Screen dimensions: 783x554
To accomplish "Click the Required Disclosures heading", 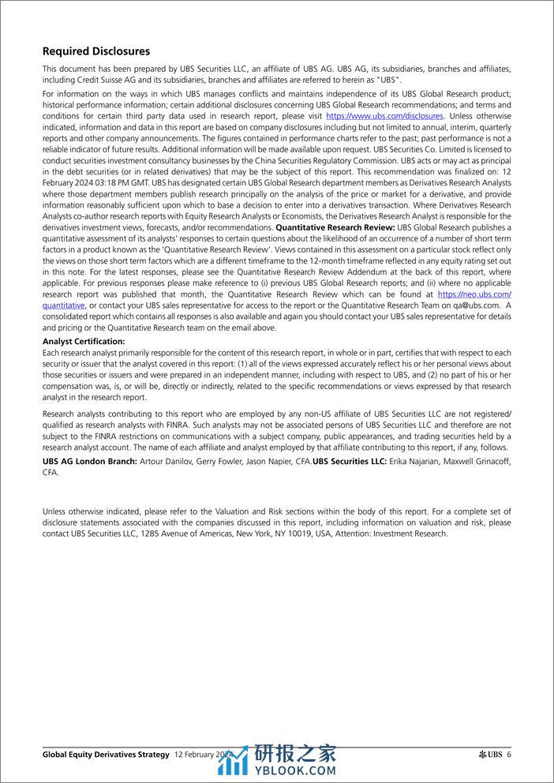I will click(x=96, y=52).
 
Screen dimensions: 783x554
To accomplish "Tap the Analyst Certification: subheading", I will click(x=84, y=341).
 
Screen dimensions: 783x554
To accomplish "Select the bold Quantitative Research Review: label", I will click(x=335, y=227).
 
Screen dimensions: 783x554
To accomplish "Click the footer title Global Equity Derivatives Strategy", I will click(x=106, y=755).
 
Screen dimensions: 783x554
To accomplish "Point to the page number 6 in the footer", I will click(x=509, y=755).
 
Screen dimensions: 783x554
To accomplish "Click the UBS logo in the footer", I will click(x=490, y=755).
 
